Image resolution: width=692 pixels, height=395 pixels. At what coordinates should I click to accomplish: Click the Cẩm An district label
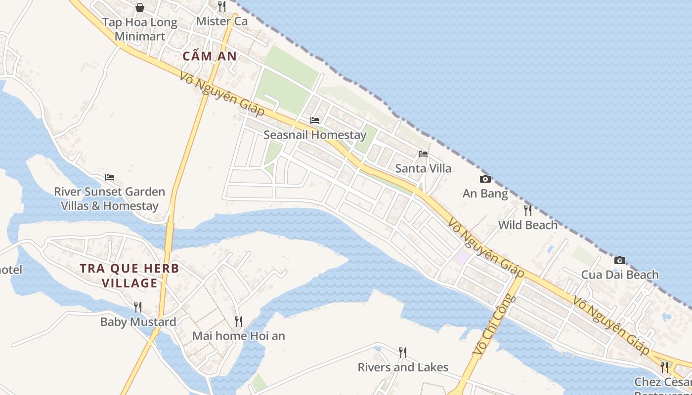coord(210,56)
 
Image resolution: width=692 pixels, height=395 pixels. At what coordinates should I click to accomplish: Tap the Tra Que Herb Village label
coord(130,276)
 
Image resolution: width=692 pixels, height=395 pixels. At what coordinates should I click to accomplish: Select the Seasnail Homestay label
coord(315,135)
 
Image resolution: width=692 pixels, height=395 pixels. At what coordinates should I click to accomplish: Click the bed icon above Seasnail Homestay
coord(315,120)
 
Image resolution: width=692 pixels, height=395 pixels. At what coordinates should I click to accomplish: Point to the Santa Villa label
coord(423,168)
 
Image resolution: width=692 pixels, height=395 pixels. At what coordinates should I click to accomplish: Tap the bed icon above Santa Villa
coord(423,154)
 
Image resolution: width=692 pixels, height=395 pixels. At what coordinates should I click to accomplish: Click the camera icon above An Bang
coord(485,179)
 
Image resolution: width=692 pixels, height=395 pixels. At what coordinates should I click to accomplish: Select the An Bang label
coord(485,194)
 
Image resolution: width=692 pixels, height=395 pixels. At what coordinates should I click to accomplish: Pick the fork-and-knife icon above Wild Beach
coord(528,210)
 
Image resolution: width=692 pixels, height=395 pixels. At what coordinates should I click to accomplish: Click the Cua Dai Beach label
coord(620,275)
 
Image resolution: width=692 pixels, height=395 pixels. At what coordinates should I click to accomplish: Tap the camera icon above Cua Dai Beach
coord(620,260)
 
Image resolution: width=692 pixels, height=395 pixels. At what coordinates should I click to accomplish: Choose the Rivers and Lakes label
coord(403,367)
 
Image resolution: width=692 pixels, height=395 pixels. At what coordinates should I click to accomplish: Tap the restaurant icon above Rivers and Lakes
coord(403,353)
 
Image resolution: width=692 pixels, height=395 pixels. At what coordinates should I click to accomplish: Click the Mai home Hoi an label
coord(239,336)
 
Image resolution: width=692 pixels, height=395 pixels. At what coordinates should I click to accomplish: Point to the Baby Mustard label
coord(138,322)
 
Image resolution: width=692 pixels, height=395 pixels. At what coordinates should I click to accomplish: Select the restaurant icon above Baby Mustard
coord(138,307)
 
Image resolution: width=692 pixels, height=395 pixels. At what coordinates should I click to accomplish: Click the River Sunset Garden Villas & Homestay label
coord(110,198)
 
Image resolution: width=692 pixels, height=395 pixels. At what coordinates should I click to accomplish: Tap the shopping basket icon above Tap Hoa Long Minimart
coord(140,7)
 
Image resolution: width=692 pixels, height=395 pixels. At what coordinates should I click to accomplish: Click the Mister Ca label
coord(221,21)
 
